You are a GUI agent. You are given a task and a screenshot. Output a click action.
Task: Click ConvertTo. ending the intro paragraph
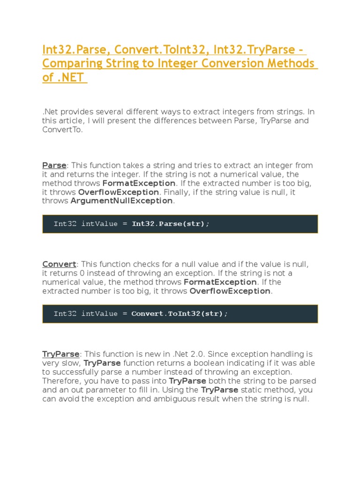pyautogui.click(x=62, y=130)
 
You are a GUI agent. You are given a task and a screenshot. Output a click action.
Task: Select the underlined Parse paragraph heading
pyautogui.click(x=54, y=165)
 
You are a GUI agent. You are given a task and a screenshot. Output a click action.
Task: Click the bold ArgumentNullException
pyautogui.click(x=122, y=201)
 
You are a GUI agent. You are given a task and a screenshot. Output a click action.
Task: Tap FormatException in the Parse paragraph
pyautogui.click(x=139, y=183)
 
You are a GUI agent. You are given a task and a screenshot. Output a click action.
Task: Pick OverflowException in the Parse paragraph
pyautogui.click(x=119, y=192)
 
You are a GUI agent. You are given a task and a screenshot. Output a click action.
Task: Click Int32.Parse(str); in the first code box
pyautogui.click(x=171, y=224)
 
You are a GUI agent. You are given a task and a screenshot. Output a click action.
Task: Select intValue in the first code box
pyautogui.click(x=99, y=224)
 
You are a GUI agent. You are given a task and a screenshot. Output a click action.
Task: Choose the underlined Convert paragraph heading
pyautogui.click(x=59, y=264)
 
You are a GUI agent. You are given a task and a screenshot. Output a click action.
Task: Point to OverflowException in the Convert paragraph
pyautogui.click(x=230, y=291)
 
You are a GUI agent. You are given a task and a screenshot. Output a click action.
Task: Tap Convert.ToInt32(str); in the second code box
pyautogui.click(x=179, y=314)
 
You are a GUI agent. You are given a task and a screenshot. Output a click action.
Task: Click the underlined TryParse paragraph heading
pyautogui.click(x=61, y=354)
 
